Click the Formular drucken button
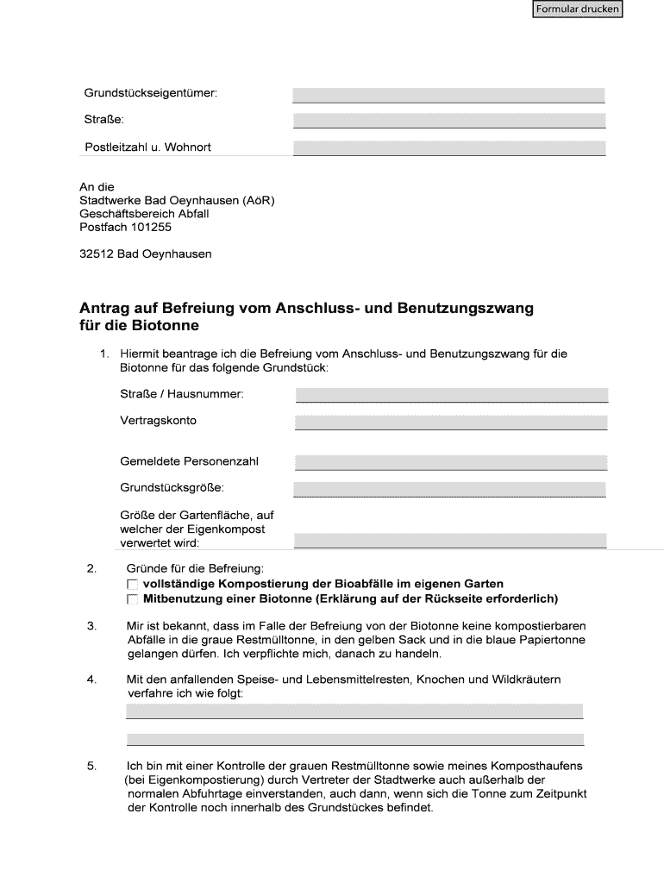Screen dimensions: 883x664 [577, 9]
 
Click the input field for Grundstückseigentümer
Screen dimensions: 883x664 [448, 94]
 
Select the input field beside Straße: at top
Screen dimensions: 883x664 [448, 120]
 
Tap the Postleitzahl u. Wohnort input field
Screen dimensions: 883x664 [448, 147]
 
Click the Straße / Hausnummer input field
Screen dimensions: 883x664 [452, 395]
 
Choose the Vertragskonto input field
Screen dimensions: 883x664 [452, 423]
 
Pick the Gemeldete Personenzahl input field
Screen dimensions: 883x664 [452, 462]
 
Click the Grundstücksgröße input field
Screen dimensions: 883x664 [450, 489]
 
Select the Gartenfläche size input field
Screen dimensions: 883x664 [450, 541]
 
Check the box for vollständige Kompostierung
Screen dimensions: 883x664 [133, 585]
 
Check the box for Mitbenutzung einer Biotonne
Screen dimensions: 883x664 [133, 599]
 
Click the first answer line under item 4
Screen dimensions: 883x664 [354, 711]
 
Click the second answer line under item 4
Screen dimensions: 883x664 [354, 739]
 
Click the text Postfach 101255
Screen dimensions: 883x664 [126, 228]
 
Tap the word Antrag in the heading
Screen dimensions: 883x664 [103, 308]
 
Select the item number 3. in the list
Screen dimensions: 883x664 [91, 626]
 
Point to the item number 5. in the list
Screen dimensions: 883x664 [91, 766]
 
